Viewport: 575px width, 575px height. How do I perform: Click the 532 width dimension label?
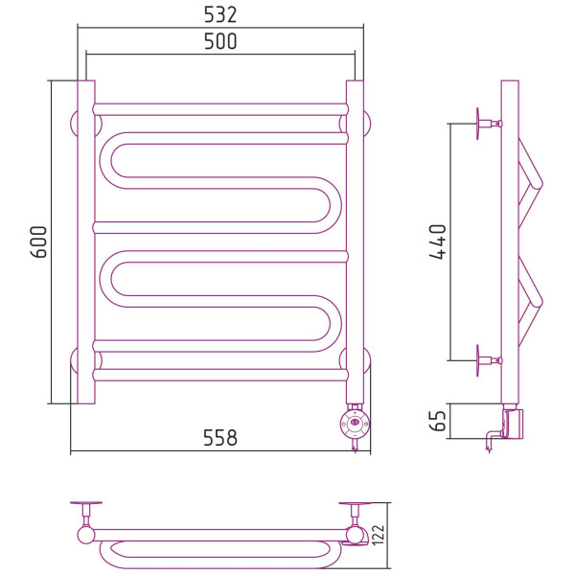point(220,15)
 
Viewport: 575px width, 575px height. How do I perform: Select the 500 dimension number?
point(220,41)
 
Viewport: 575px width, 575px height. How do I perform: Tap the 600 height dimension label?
point(38,242)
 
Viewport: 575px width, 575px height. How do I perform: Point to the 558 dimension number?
point(220,438)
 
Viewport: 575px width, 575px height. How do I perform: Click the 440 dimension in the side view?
point(438,242)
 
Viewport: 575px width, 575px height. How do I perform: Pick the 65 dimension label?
point(438,421)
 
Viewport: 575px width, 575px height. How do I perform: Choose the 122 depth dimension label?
point(379,535)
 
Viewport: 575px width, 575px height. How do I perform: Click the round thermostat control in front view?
point(355,424)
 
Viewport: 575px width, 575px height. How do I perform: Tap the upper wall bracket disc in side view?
point(478,124)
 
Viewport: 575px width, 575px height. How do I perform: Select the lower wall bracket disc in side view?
point(478,360)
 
